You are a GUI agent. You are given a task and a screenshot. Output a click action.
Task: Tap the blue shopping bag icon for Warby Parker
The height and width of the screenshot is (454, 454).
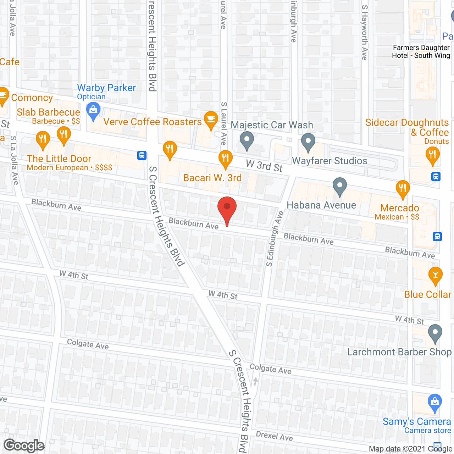[93, 111]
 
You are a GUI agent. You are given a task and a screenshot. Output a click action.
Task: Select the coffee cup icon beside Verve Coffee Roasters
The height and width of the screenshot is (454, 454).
[211, 119]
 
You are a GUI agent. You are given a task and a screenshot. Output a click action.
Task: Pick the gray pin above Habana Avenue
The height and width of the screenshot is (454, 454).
[340, 186]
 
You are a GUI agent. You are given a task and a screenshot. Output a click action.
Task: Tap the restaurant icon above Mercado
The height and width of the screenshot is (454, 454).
[403, 188]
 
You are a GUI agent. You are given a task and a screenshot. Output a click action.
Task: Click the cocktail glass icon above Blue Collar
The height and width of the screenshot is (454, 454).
[436, 275]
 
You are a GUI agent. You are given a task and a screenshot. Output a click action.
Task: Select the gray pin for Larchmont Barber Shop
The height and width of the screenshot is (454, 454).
[435, 333]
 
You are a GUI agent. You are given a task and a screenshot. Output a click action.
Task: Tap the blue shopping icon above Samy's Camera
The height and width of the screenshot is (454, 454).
[434, 403]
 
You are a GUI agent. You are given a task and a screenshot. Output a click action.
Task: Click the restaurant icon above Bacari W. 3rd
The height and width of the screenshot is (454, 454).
[225, 158]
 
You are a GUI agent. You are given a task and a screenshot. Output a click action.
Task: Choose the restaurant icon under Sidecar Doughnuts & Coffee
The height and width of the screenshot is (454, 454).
[432, 155]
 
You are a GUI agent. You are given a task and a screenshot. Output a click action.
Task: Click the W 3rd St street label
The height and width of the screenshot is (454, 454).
[264, 166]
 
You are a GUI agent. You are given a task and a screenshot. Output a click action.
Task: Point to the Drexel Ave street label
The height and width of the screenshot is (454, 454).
[274, 436]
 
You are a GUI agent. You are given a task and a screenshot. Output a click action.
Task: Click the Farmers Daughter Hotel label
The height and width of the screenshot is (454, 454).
[421, 52]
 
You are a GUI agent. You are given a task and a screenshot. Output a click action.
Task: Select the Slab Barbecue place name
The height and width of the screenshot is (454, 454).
[48, 112]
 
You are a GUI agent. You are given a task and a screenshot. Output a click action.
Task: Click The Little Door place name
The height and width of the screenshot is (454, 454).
[59, 159]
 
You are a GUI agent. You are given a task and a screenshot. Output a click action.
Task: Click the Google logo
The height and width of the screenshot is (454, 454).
[24, 445]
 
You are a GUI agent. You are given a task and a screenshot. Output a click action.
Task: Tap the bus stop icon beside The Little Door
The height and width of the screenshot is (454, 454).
[142, 155]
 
